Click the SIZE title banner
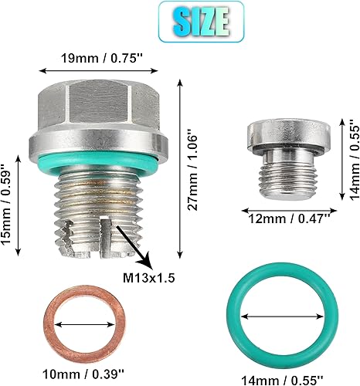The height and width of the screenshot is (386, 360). (x=179, y=21)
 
